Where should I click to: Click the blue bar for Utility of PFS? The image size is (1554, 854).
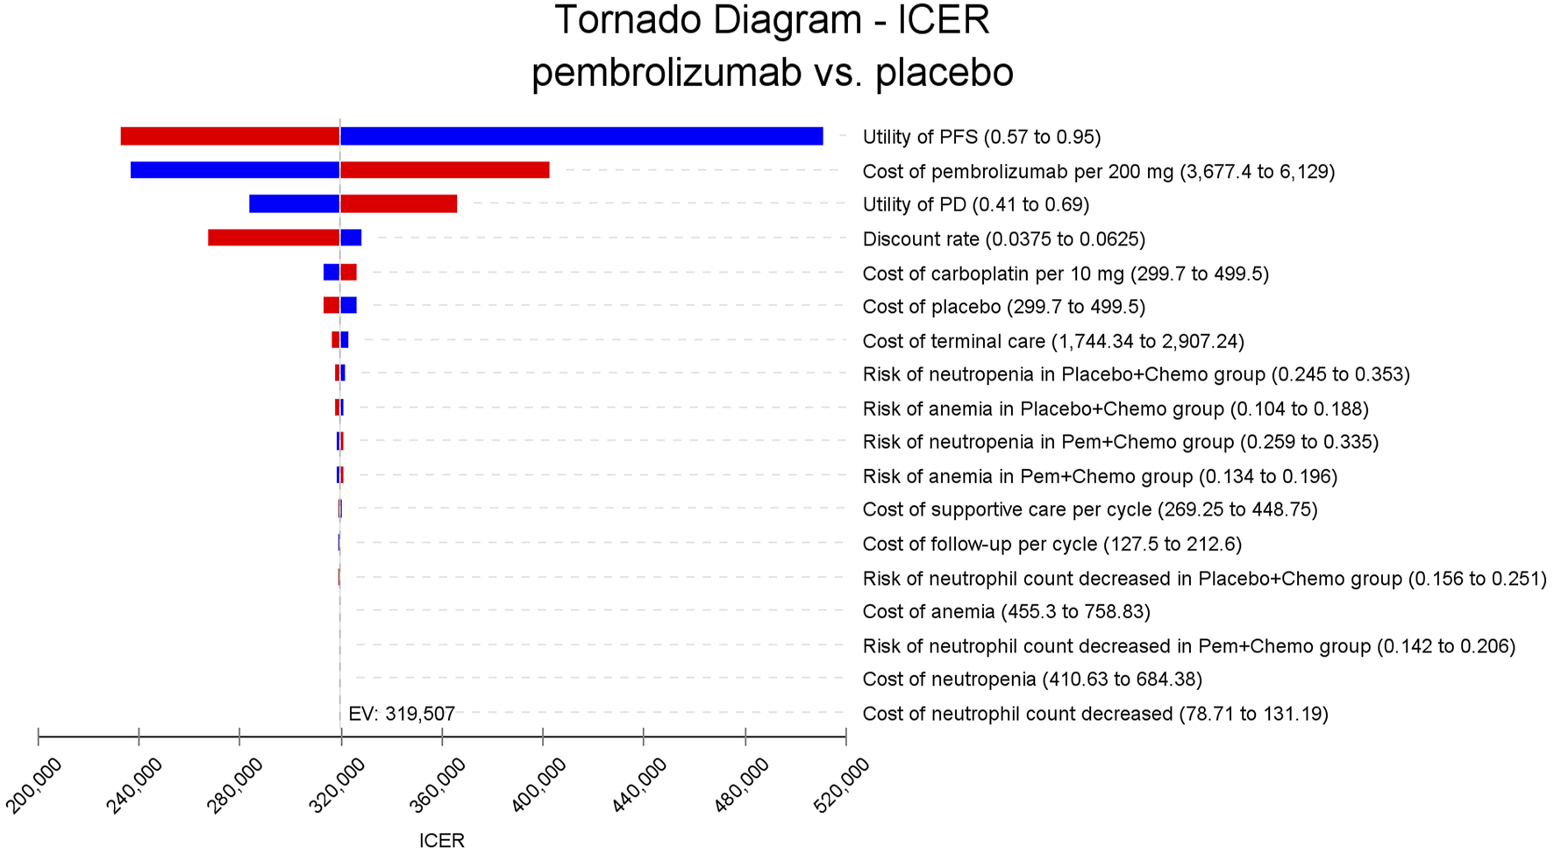[581, 137]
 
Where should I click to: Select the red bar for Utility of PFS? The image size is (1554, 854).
[230, 137]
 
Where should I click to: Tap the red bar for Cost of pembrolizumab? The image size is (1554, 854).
[445, 170]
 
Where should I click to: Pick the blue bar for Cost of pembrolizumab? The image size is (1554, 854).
[235, 170]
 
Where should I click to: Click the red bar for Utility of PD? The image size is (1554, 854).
[399, 204]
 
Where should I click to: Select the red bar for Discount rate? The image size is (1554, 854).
[274, 238]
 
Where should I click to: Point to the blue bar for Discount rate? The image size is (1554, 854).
[351, 238]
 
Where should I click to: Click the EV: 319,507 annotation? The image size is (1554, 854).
[402, 714]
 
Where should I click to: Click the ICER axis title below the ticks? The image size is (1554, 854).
[441, 840]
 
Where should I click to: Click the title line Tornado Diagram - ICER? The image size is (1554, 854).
[772, 21]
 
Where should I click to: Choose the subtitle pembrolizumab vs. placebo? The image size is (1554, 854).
[772, 72]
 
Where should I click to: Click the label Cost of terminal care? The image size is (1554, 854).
[1052, 341]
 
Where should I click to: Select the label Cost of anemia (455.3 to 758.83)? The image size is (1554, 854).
[1006, 611]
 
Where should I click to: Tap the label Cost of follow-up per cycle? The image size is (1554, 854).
[1051, 544]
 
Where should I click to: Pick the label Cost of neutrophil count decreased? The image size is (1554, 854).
[1094, 714]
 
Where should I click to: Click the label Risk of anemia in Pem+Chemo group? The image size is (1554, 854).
[1100, 476]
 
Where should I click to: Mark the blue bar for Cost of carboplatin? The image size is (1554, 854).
[331, 272]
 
